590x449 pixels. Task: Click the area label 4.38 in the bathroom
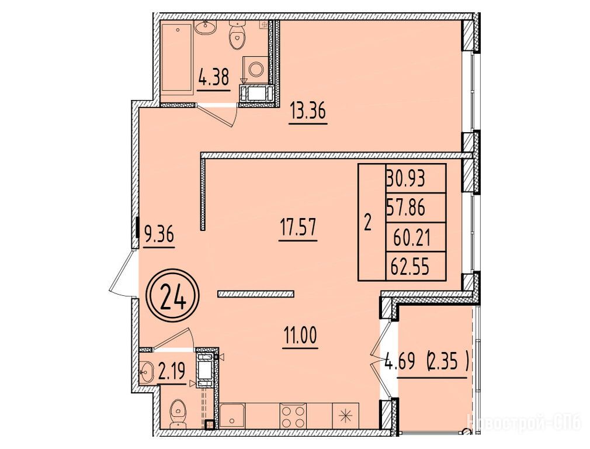pos(213,79)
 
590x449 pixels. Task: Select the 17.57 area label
pos(298,227)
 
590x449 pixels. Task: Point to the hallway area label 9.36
pos(158,235)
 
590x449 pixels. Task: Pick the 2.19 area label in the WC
pos(172,372)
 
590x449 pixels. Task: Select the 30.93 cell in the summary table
pos(415,178)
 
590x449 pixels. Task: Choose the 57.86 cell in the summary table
pos(415,208)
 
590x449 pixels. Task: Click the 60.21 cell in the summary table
pos(415,237)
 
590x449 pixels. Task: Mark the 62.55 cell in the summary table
pos(415,267)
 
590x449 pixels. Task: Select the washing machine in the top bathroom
pos(256,70)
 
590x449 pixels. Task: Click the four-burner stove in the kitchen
pos(293,416)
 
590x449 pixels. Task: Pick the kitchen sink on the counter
pos(232,416)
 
